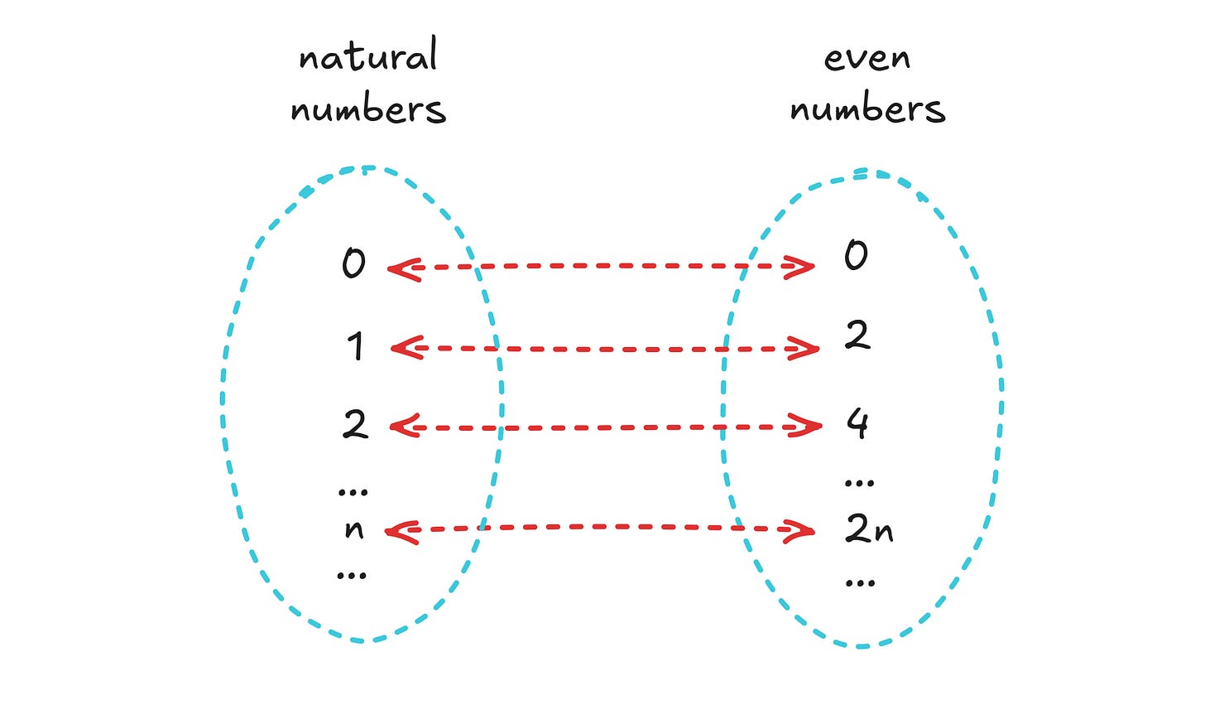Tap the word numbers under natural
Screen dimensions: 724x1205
[368, 110]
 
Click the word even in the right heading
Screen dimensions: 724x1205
[867, 58]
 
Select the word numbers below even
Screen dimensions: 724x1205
[867, 110]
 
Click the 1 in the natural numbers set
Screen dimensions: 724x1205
[355, 345]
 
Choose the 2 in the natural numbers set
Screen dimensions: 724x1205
[355, 424]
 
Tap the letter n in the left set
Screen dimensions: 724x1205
[354, 529]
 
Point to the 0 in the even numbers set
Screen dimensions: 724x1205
[856, 254]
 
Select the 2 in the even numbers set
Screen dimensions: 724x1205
[857, 335]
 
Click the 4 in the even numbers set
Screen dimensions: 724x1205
[857, 422]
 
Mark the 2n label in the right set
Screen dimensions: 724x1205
[869, 529]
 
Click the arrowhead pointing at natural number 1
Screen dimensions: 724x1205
[403, 348]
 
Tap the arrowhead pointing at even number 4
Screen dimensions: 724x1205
[808, 427]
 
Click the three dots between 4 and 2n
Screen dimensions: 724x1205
[859, 482]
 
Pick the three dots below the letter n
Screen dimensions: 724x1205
[352, 575]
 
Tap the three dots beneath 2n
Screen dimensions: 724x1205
[861, 583]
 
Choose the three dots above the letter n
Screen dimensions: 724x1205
[353, 492]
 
